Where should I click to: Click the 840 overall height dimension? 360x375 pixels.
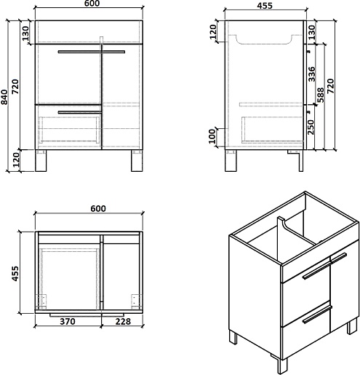coord(4,97)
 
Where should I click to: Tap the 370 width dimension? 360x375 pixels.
coord(68,321)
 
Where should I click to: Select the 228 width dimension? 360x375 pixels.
coord(123,321)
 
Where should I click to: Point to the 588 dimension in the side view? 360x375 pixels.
coord(320,95)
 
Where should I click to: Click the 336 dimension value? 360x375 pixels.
coord(311,74)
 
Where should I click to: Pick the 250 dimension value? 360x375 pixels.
coord(311,127)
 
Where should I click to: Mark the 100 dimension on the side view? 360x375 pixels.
coord(212,136)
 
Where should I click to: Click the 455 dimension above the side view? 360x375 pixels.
coord(265,6)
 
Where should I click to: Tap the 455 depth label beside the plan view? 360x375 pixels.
coord(15,274)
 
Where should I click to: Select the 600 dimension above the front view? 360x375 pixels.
coord(92,4)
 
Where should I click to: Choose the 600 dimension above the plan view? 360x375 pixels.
coord(98,208)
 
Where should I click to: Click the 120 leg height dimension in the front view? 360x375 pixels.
coord(16,159)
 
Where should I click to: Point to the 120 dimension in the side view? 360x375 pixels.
coord(212,32)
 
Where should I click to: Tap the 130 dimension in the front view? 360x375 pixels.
coord(25,33)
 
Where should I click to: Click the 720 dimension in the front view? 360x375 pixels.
coord(15,87)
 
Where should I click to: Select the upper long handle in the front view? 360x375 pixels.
coord(92,52)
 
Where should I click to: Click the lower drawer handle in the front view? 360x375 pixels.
coord(79,112)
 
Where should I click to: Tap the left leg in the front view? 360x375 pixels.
coord(41,161)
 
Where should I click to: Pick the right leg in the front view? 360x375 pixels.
coord(137,161)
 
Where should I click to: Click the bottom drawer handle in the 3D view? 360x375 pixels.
coord(317,315)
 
